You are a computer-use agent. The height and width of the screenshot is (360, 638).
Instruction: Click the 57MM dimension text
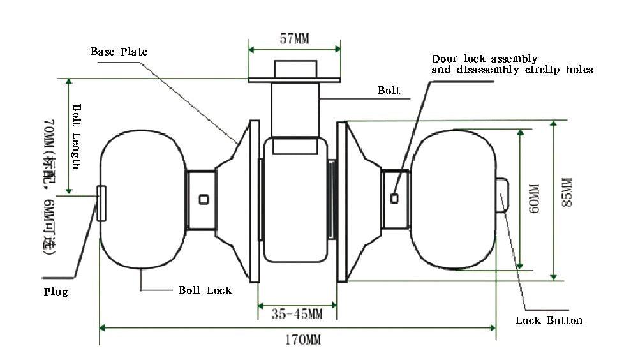click(x=294, y=38)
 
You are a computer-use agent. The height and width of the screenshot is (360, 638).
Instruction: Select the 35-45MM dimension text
click(x=297, y=314)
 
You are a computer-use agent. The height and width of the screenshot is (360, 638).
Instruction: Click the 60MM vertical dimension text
click(x=534, y=200)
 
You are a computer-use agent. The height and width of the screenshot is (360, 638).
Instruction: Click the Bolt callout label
click(x=389, y=91)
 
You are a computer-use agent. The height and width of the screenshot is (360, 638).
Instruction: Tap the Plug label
click(x=56, y=292)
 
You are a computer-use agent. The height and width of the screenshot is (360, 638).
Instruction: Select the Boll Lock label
click(x=205, y=290)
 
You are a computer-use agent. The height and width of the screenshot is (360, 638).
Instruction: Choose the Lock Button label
click(x=549, y=320)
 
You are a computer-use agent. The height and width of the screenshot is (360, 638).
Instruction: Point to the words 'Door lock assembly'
click(x=485, y=59)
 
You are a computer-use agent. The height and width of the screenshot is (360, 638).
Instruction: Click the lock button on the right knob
click(x=503, y=194)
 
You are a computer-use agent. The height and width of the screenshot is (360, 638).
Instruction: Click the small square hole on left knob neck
click(x=204, y=199)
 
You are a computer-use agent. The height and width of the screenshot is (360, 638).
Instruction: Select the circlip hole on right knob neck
click(x=394, y=199)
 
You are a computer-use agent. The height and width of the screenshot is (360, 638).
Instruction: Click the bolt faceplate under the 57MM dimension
click(x=294, y=80)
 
